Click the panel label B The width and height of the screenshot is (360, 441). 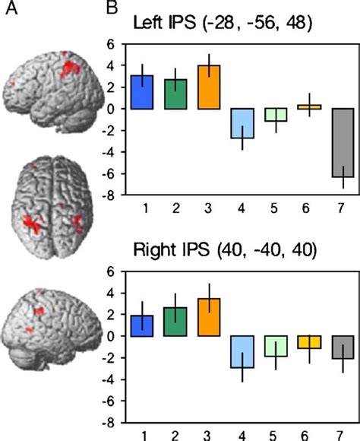coord(111,8)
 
